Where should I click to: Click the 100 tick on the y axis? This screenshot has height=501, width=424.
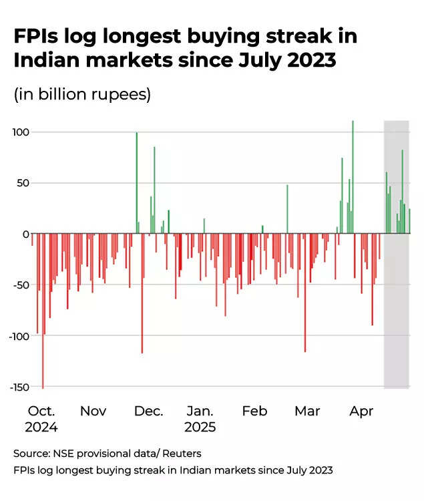[21, 132]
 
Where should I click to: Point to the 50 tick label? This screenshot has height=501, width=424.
[23, 183]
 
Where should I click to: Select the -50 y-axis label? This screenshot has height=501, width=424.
[21, 285]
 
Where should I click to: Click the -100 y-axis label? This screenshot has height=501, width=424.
[19, 336]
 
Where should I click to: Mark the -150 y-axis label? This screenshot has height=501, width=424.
[19, 387]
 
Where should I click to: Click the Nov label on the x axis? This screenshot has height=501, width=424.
[93, 411]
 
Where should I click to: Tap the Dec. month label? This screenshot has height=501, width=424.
[148, 411]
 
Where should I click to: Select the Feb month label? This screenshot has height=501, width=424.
[254, 411]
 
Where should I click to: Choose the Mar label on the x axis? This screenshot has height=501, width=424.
[307, 411]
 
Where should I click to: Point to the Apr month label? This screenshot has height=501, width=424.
[361, 411]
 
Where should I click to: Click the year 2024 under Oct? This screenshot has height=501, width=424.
[42, 428]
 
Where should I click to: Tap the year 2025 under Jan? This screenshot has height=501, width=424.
[200, 428]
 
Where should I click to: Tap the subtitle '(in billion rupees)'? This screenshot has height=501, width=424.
[82, 94]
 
